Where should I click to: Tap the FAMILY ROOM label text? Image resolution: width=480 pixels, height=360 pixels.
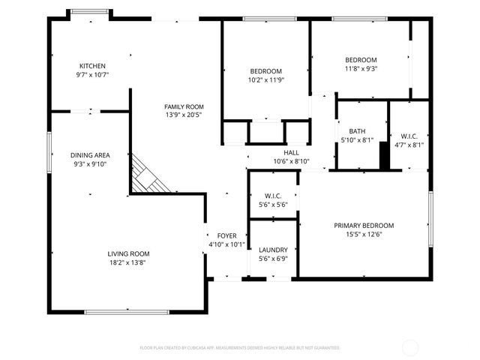tap(184, 106)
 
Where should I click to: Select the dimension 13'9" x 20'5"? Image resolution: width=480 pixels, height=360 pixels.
tap(184, 115)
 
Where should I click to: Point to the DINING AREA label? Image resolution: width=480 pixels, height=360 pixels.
tap(90, 155)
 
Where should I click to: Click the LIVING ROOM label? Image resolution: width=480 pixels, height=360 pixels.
tap(128, 253)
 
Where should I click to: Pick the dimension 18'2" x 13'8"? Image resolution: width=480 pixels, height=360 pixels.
tap(128, 262)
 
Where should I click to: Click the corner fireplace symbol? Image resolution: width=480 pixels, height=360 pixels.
tap(145, 176)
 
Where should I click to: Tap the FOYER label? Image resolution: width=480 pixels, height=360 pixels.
tap(227, 235)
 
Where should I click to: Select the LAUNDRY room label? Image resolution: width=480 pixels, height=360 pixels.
tap(273, 250)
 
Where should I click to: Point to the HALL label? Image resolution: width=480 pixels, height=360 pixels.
tap(291, 152)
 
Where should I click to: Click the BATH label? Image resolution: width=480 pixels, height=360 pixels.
tap(356, 130)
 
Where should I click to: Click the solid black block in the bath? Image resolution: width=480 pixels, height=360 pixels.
tap(385, 157)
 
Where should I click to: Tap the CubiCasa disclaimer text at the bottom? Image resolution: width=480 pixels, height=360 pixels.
tap(240, 348)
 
